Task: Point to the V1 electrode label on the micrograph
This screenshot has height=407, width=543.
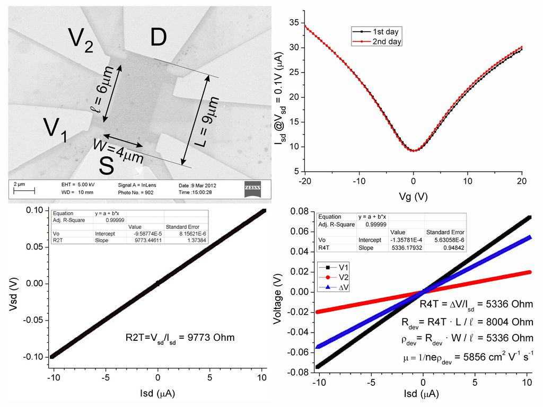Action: [x=55, y=129]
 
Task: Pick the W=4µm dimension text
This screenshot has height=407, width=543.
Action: [x=119, y=150]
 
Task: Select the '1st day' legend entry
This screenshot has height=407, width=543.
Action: [x=378, y=32]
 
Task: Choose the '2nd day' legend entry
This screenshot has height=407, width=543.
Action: [x=378, y=41]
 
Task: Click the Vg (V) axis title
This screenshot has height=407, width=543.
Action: [x=413, y=196]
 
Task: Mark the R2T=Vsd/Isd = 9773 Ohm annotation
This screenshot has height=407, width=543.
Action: [x=180, y=337]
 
